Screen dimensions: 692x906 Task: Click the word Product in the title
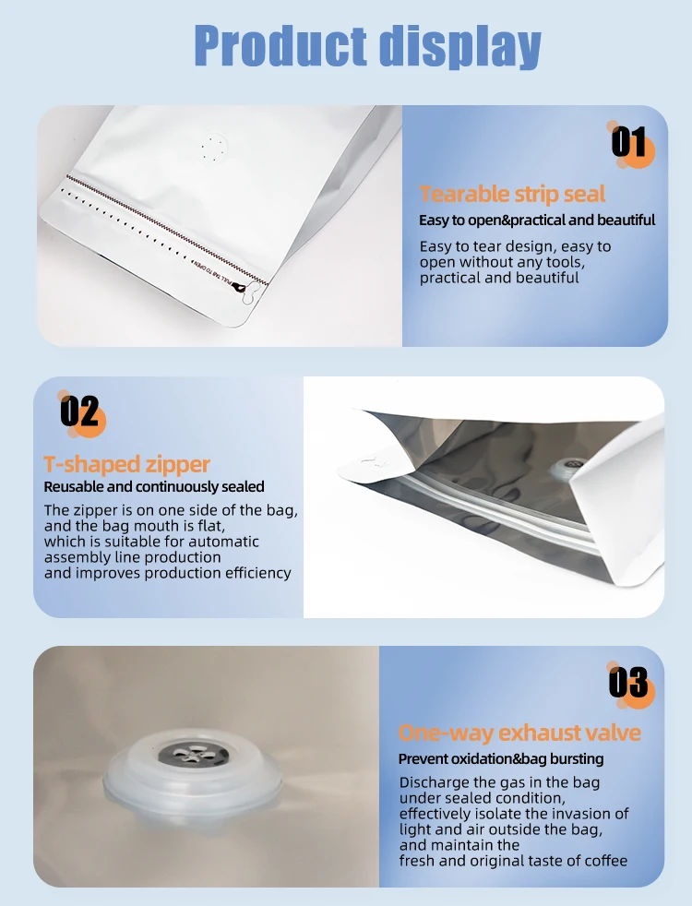click(280, 46)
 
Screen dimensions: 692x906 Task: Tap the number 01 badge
click(631, 144)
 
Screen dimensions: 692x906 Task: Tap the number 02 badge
click(81, 412)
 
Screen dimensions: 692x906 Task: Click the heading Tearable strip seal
click(512, 194)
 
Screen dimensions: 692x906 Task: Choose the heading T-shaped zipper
click(126, 465)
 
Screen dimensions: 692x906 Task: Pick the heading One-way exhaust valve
click(519, 733)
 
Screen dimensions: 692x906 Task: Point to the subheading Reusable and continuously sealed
click(154, 486)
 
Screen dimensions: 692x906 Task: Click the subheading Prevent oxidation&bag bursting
click(501, 758)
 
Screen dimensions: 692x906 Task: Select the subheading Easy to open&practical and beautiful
click(537, 221)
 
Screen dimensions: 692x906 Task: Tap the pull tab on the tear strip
click(245, 290)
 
